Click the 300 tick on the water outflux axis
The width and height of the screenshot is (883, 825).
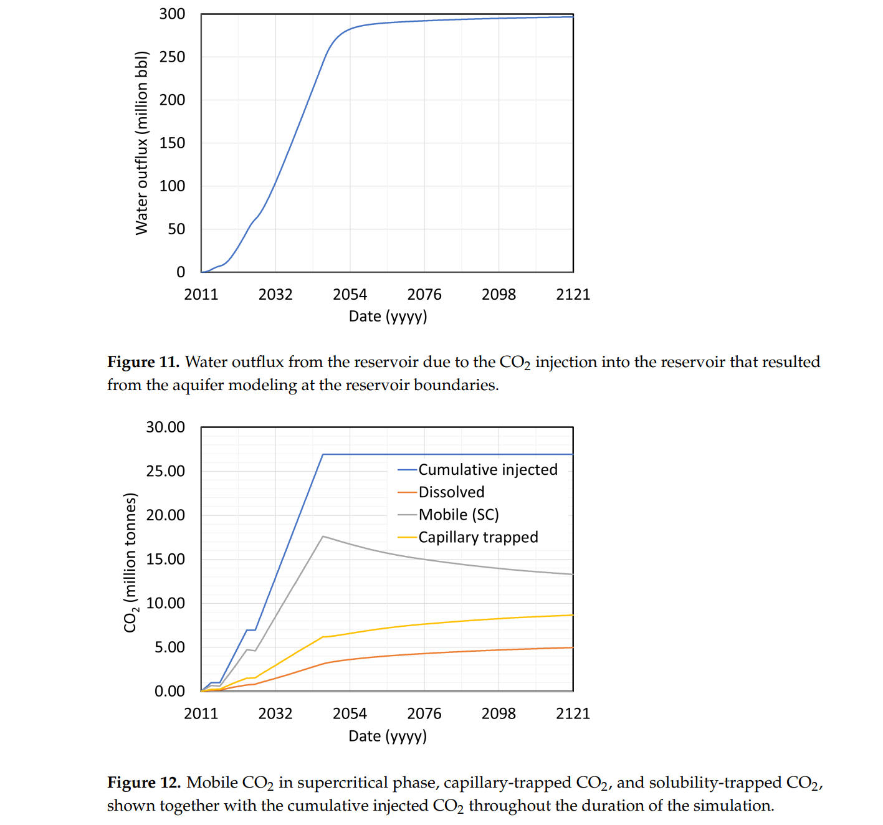tap(172, 14)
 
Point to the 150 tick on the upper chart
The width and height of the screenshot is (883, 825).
tap(172, 143)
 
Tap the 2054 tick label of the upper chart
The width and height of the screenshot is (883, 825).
tap(350, 294)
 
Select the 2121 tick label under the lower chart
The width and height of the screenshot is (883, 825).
tap(573, 713)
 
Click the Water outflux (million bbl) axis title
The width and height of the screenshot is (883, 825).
tap(142, 143)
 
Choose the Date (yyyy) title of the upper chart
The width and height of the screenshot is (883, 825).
tap(388, 317)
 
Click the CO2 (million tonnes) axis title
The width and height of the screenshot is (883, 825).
tap(130, 562)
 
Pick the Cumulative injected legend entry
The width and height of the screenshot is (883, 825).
tap(487, 469)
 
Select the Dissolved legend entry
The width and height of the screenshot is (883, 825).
tap(451, 492)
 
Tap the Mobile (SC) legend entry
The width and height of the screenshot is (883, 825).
tap(459, 515)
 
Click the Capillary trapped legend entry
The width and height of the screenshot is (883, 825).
tap(478, 537)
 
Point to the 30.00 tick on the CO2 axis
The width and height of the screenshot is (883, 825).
tap(165, 427)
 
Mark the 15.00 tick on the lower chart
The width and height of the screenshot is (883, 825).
tap(165, 559)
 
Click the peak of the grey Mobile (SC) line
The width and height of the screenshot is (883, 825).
tap(323, 536)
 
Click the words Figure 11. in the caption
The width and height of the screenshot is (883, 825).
tap(143, 362)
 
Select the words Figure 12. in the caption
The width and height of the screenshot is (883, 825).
tap(144, 783)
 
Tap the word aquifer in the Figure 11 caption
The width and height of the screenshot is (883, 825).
tap(198, 385)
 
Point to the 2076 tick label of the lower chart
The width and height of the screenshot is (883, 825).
tap(424, 713)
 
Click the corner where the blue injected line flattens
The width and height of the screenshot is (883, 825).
tap(323, 454)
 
